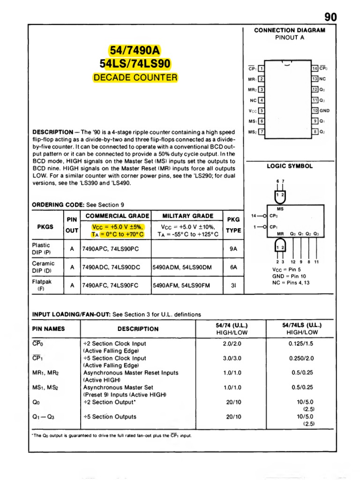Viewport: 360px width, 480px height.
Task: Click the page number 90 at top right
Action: pyautogui.click(x=330, y=17)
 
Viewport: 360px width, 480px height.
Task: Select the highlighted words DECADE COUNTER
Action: pyautogui.click(x=135, y=77)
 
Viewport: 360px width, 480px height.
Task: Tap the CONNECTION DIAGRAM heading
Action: pyautogui.click(x=289, y=30)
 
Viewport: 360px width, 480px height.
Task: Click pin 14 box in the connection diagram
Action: pyautogui.click(x=315, y=68)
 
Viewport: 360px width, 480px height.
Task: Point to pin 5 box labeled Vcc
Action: pyautogui.click(x=262, y=111)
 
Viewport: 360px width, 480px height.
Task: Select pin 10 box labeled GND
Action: pyautogui.click(x=315, y=111)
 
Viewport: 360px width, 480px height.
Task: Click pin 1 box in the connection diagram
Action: pyautogui.click(x=262, y=68)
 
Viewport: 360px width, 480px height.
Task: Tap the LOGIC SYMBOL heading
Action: pyautogui.click(x=290, y=166)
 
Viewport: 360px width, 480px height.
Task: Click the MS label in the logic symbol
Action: pyautogui.click(x=280, y=209)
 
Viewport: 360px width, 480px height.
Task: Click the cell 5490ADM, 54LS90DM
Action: pyautogui.click(x=182, y=267)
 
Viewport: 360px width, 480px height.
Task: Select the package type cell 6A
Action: pyautogui.click(x=233, y=267)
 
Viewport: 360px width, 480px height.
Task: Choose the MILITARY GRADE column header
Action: pyautogui.click(x=187, y=216)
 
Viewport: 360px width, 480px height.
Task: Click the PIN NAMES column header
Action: pyautogui.click(x=48, y=329)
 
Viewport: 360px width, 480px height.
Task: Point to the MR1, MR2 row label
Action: pyautogui.click(x=46, y=373)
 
